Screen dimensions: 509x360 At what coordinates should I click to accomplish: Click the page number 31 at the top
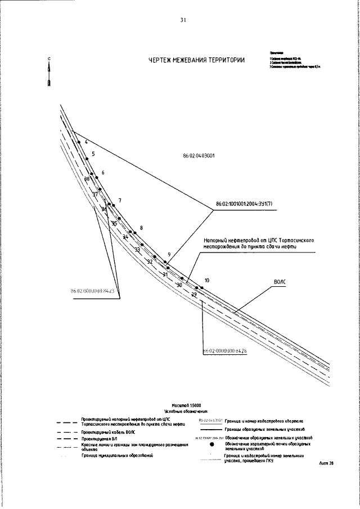click(183, 21)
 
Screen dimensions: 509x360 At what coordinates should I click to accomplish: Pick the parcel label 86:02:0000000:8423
click(93, 291)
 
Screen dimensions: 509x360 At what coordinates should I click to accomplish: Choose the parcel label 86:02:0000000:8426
click(226, 350)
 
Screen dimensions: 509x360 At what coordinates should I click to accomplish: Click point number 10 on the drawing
click(207, 280)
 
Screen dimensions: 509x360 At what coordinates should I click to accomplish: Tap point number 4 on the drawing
click(86, 142)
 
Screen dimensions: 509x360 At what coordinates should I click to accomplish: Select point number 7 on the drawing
click(120, 201)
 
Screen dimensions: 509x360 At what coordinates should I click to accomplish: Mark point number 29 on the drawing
click(194, 294)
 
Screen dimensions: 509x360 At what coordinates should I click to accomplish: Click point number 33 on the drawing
click(137, 249)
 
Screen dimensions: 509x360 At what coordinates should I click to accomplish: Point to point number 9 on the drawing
click(169, 255)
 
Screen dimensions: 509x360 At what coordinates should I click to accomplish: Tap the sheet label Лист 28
click(326, 463)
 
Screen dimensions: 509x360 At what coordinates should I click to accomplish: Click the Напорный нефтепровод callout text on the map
click(258, 243)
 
